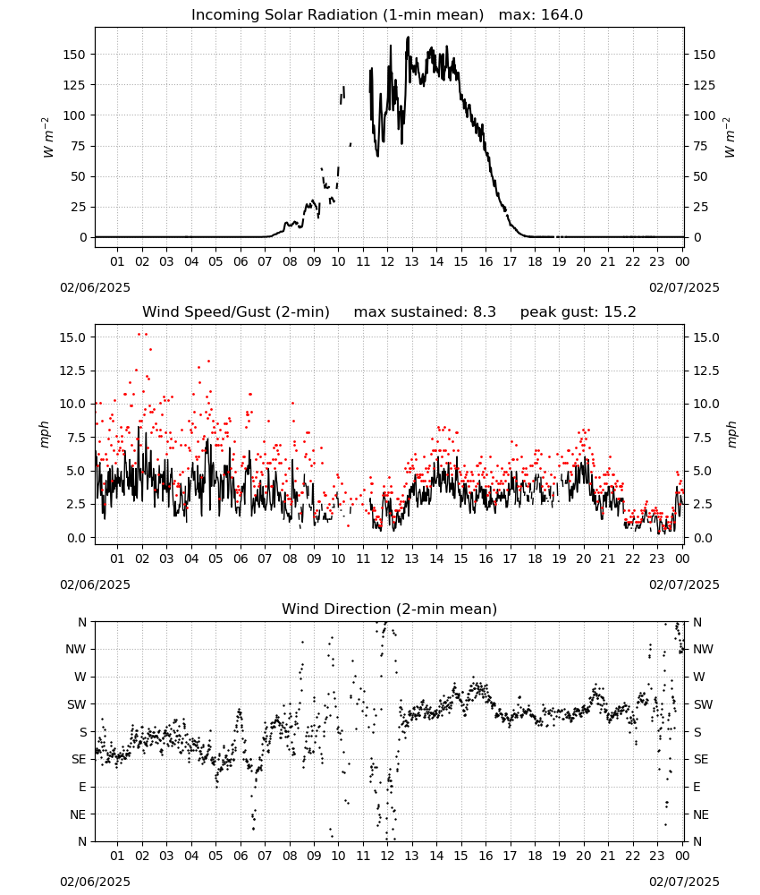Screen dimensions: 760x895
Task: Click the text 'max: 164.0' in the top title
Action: (541, 15)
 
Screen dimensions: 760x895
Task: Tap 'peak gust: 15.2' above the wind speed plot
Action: (578, 312)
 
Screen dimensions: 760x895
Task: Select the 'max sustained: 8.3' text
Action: (425, 312)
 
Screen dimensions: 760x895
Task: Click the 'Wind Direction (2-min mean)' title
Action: (390, 609)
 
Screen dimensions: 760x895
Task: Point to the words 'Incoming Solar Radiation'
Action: (284, 15)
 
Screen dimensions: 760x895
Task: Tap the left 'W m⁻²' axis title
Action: (48, 138)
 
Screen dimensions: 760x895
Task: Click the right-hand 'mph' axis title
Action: (731, 434)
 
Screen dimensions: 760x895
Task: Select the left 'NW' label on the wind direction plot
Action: (76, 650)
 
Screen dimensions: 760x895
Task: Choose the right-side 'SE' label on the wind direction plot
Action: (701, 760)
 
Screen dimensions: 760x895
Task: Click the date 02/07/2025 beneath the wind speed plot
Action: (684, 585)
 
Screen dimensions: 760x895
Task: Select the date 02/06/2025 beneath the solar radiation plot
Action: (95, 287)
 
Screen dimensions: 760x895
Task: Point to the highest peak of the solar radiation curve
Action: (409, 37)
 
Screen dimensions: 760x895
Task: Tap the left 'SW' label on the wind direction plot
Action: (77, 705)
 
